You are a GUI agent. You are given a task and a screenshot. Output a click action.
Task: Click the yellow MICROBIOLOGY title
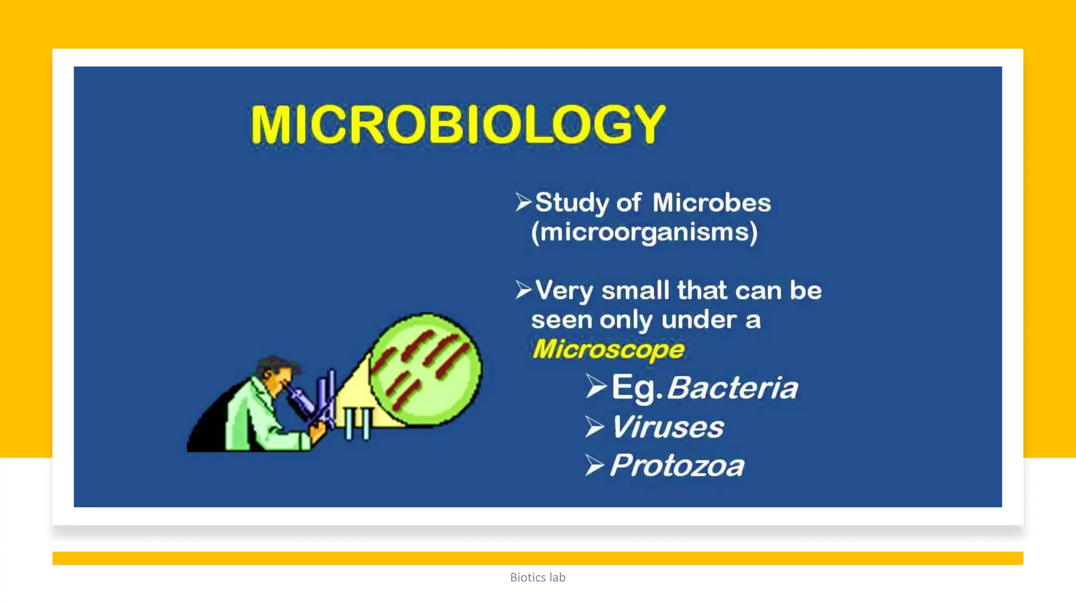458,124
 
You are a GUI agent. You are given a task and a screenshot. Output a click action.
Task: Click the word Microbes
711,203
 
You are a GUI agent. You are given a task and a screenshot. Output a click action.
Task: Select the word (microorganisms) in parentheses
644,233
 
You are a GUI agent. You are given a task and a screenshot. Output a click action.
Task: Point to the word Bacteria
732,388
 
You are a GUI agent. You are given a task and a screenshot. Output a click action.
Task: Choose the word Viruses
667,427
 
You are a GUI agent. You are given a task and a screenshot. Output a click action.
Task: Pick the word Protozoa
677,466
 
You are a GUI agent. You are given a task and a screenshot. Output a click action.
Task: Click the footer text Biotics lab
537,577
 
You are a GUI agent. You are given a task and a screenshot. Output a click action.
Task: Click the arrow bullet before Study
523,202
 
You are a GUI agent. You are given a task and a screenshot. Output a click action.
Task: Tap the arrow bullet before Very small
523,289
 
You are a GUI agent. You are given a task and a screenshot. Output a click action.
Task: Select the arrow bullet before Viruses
595,426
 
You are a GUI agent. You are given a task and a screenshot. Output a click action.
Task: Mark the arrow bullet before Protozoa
595,465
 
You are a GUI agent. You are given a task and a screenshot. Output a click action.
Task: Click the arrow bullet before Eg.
596,387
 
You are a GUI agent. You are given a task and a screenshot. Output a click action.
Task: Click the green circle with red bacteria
426,369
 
